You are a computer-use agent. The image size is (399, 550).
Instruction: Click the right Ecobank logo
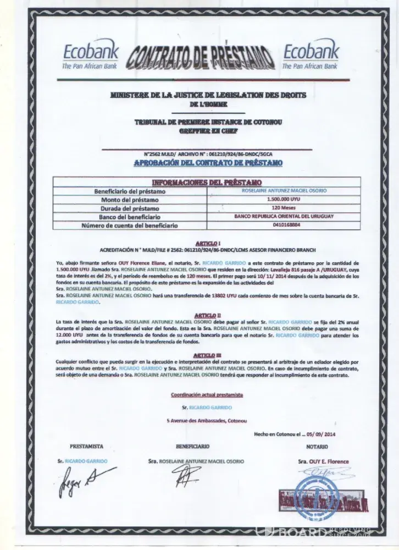click(310, 57)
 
